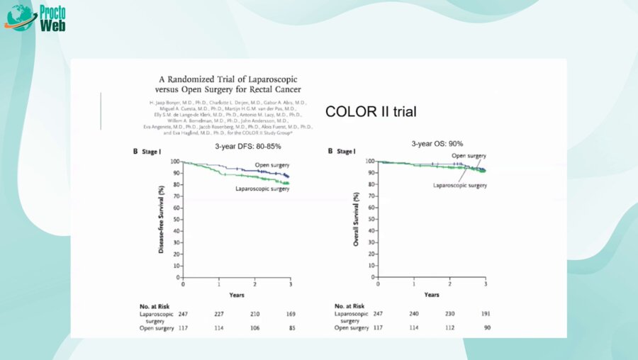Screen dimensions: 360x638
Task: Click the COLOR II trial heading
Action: pos(371,112)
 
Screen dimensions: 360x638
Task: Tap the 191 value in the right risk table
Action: pos(485,313)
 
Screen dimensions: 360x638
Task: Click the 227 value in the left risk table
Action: pos(219,313)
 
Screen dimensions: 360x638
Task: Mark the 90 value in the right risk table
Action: pos(486,327)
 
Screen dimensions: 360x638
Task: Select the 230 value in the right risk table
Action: pos(451,313)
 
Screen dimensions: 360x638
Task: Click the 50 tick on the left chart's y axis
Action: pos(176,220)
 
